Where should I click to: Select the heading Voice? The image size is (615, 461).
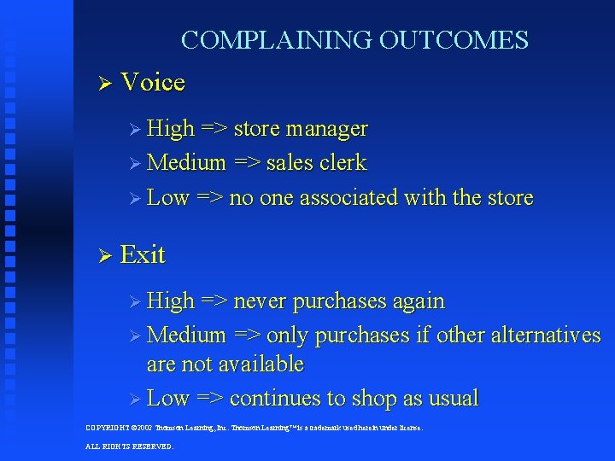(x=153, y=83)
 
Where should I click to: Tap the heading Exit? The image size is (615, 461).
(x=143, y=254)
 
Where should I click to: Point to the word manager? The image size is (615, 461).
(x=327, y=129)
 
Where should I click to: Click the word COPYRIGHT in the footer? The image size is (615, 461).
(x=108, y=427)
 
